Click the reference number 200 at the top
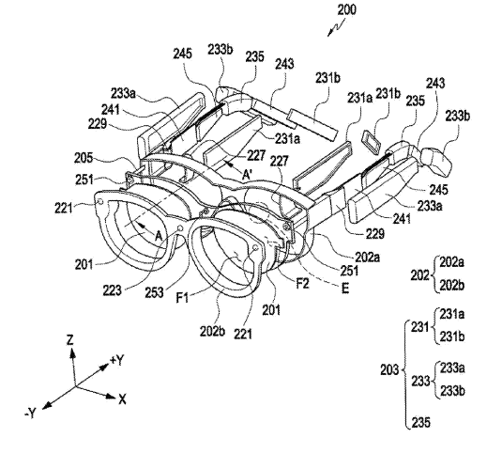click(x=347, y=9)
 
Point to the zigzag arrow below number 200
click(x=336, y=27)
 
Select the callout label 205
click(x=84, y=158)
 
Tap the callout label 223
click(x=112, y=290)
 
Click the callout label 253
click(x=154, y=292)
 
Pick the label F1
click(x=182, y=299)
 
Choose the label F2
click(x=302, y=284)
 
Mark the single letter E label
click(x=345, y=289)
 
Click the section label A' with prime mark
click(x=247, y=175)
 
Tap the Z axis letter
click(x=69, y=340)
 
